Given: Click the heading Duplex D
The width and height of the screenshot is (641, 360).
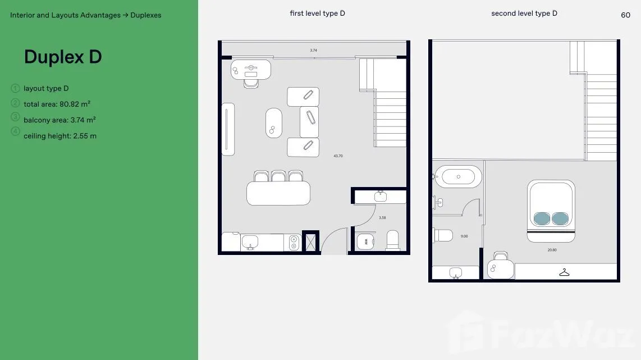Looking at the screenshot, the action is click(63, 57).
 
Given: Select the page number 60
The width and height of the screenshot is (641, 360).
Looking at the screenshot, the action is click(625, 15).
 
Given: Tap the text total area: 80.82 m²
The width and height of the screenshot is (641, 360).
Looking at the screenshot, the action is click(57, 104).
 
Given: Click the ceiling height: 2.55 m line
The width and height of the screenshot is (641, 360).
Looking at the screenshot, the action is click(60, 136).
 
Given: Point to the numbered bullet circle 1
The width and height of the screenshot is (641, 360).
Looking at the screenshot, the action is click(15, 88).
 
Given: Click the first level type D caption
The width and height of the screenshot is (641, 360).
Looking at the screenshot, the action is click(317, 13).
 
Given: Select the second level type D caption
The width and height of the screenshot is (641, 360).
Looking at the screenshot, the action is click(524, 13).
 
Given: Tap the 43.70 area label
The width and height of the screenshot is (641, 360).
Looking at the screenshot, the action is click(338, 156).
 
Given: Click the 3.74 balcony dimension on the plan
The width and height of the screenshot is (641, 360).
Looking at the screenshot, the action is click(314, 51).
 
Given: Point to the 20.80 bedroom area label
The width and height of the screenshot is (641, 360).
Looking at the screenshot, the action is click(552, 249).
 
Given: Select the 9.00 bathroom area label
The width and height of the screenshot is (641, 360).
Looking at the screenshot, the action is click(464, 236).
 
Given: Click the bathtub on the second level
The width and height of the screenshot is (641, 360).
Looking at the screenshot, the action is click(458, 177).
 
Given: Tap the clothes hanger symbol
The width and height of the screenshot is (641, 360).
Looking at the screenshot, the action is click(564, 272).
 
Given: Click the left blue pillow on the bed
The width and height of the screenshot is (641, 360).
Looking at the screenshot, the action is click(542, 218).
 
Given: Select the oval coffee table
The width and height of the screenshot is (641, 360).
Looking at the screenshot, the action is click(273, 123).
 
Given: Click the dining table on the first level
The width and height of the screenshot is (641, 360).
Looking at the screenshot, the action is click(278, 193).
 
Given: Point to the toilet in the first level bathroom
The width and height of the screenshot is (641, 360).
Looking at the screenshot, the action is click(392, 240).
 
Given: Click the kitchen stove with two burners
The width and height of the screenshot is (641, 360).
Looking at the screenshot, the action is click(294, 243).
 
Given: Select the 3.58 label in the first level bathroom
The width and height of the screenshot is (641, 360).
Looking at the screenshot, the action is click(382, 218).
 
